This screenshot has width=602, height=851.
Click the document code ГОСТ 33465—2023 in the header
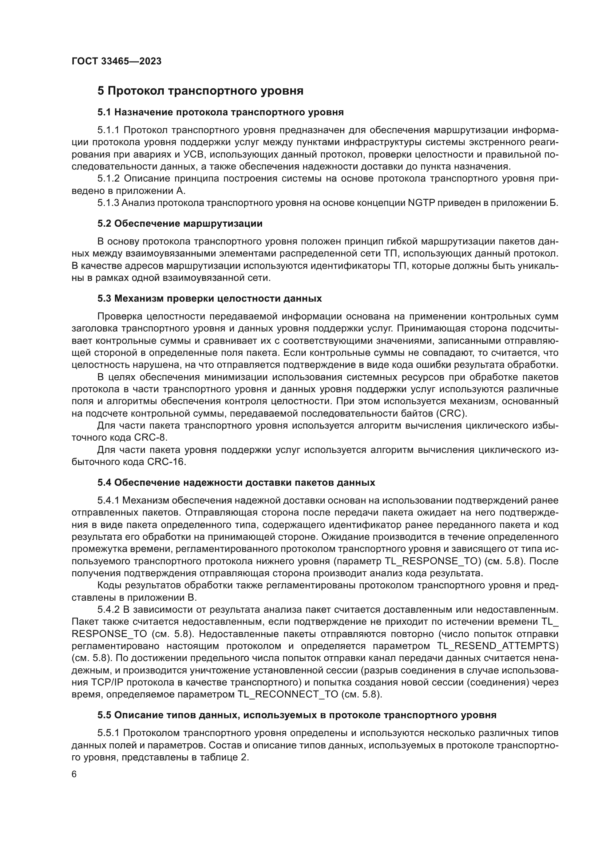(116, 61)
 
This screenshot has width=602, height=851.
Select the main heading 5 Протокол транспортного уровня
(200, 91)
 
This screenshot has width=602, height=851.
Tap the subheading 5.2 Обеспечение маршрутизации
(180, 223)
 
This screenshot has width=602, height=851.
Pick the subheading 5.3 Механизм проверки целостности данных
(209, 298)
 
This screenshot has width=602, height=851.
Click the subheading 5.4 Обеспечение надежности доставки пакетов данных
(236, 482)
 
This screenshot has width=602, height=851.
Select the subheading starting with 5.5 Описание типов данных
(297, 715)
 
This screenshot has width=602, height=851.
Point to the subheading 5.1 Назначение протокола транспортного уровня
(220, 112)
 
